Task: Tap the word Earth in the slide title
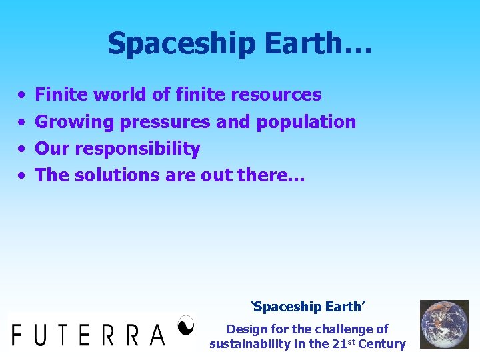305,43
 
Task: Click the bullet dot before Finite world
22,96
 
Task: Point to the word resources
275,95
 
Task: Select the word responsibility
137,149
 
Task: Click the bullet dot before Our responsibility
22,149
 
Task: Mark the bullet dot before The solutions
22,176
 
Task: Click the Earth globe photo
443,324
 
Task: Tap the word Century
381,344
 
